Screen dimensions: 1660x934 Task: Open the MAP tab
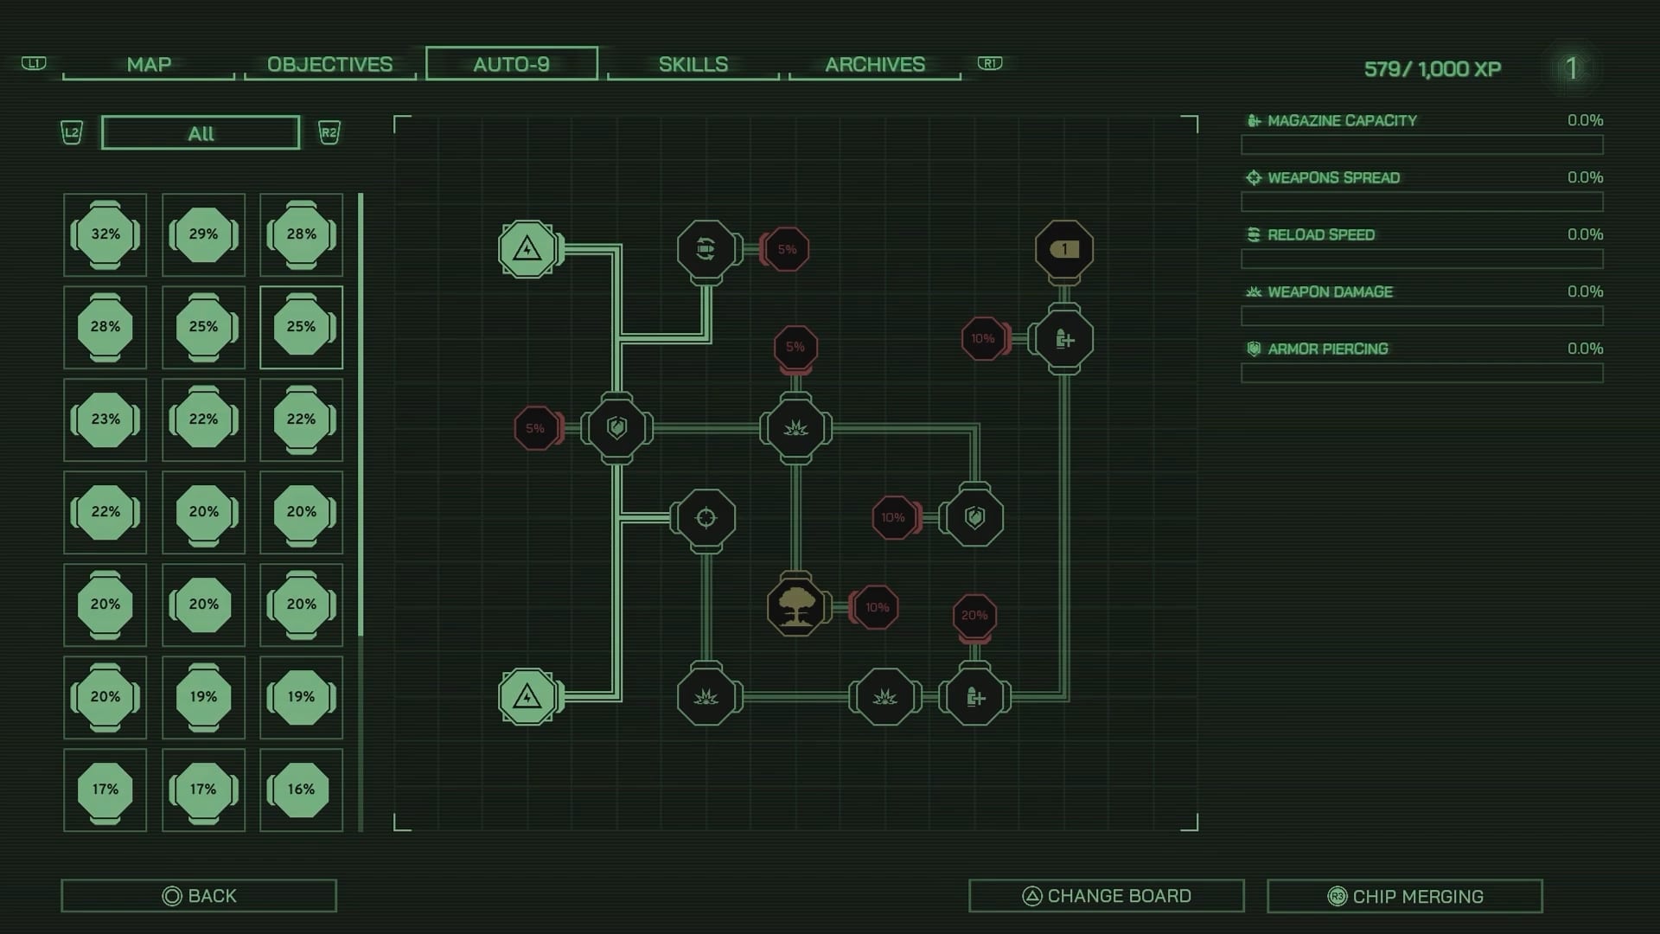(x=149, y=65)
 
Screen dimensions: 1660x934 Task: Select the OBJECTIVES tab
(x=329, y=65)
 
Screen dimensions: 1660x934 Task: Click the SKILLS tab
(x=693, y=65)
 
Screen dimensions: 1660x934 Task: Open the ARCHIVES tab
(x=875, y=65)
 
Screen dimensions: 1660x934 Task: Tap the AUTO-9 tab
(x=512, y=64)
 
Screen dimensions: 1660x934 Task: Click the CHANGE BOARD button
(x=1107, y=896)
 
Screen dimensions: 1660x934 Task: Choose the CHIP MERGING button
(x=1405, y=896)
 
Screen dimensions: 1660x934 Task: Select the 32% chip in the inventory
(x=105, y=234)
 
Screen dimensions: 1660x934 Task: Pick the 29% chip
(x=203, y=234)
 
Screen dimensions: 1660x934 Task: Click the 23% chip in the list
(x=105, y=419)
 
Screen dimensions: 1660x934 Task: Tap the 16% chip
(x=301, y=790)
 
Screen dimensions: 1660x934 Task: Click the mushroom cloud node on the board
(x=795, y=606)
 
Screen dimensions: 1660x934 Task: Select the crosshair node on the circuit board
(x=706, y=518)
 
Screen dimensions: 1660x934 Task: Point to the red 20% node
(x=974, y=616)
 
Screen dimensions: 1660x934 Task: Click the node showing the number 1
(x=1064, y=250)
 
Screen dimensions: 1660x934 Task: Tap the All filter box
(x=201, y=133)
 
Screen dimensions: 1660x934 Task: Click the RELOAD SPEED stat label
(x=1321, y=235)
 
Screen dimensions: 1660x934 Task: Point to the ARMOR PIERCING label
(x=1328, y=349)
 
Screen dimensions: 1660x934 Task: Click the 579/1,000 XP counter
(x=1433, y=69)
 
